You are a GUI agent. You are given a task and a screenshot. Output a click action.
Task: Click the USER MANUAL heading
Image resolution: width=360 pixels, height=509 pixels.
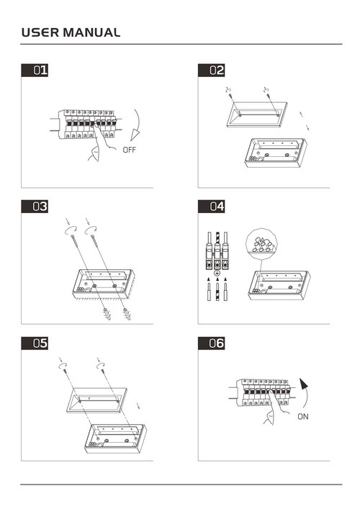point(71,32)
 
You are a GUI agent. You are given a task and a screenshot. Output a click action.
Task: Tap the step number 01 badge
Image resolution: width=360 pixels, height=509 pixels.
point(35,71)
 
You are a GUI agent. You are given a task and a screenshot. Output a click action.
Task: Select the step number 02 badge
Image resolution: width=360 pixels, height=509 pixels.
point(212,71)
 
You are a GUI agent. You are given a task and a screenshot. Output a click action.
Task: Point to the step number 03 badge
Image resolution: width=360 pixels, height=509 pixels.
point(35,207)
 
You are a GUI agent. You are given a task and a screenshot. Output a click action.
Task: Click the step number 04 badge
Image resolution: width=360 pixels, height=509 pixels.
point(212,207)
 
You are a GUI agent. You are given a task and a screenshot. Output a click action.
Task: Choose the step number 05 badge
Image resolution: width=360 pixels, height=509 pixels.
point(35,343)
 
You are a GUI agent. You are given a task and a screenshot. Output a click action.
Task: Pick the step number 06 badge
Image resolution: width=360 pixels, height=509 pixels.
point(212,343)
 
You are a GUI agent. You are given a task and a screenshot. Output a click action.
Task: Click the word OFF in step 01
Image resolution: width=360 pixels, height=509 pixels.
point(129,150)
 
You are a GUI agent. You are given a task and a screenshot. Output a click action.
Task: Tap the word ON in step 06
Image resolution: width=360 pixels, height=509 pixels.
point(303,416)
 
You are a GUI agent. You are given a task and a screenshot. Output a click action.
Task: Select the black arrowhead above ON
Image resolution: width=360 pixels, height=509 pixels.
point(304,384)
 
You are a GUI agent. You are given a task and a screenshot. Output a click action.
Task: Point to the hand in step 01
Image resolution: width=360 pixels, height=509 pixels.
point(100,143)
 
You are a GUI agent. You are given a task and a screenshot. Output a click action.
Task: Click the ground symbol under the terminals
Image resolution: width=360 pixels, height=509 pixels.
point(217,273)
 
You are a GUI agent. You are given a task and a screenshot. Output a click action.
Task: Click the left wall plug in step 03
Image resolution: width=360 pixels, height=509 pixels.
point(107,314)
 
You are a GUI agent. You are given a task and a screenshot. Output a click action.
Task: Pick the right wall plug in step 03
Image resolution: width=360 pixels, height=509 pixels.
point(127,314)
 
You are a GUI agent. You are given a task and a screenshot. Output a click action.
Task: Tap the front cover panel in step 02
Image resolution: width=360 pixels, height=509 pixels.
point(257,114)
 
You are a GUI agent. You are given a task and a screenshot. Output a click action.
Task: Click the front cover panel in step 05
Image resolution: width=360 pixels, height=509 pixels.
point(96,400)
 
